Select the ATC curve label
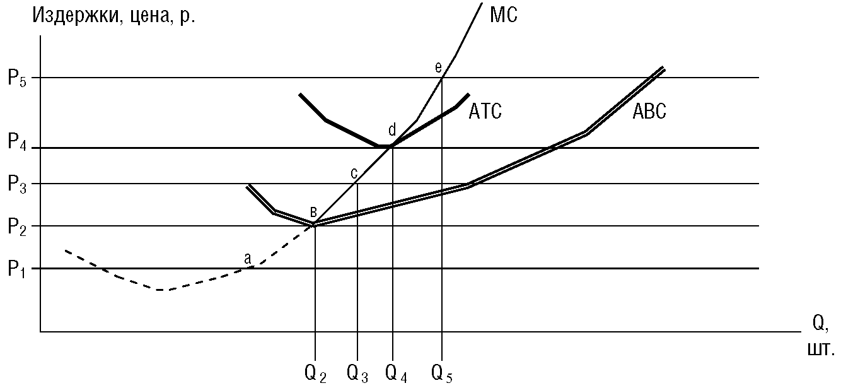485,112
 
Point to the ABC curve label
649,112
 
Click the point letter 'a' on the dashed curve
248,257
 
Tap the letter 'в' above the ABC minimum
313,211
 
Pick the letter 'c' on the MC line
354,172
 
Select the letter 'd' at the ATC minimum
391,131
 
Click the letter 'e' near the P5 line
439,67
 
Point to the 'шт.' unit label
821,349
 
